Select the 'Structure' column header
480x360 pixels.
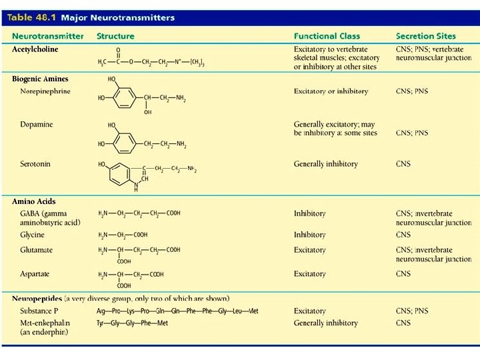(115, 36)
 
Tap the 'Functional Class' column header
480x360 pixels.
(327, 36)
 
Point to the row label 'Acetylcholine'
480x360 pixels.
(35, 49)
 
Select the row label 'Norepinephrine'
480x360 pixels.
(45, 91)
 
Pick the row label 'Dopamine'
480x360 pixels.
(37, 125)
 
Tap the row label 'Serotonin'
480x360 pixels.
(36, 164)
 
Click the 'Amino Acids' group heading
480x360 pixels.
(33, 201)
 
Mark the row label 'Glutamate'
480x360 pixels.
(37, 250)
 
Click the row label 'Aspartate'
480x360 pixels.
(35, 274)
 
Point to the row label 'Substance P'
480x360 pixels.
(39, 311)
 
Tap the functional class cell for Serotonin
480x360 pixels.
(325, 164)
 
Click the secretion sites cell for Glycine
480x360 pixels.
(403, 235)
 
